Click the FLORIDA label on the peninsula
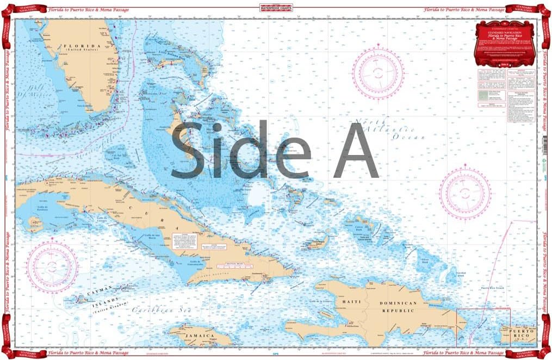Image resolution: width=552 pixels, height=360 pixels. tap(82, 46)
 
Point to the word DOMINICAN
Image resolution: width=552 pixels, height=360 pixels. tap(398, 303)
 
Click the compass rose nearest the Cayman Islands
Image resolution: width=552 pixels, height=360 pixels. tap(52, 266)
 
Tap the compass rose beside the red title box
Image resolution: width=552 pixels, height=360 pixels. tap(378, 72)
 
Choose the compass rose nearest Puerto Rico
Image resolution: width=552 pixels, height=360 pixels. tap(465, 191)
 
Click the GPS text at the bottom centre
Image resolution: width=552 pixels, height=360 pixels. tap(276, 353)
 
